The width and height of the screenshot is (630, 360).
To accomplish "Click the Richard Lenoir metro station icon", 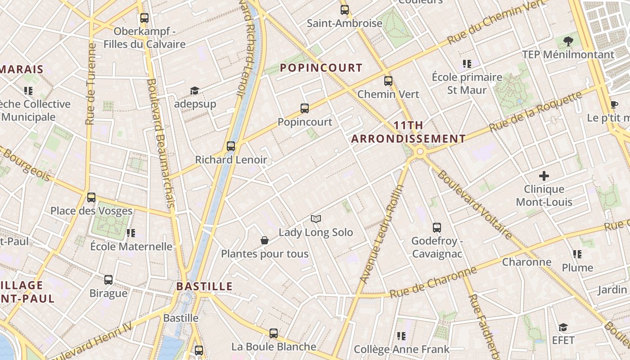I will coord(231,146).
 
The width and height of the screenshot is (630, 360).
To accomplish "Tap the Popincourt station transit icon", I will coord(305,108).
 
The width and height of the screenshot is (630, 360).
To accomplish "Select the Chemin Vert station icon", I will coord(388,81).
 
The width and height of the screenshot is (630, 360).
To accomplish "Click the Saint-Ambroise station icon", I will coord(345,9).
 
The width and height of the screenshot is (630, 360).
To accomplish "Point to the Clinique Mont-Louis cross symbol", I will coord(544,175).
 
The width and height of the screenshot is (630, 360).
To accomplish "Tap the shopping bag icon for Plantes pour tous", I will coord(265,241).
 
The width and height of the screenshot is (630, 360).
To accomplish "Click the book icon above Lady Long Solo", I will coord(316,219).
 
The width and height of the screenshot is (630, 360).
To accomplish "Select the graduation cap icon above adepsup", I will coord(194,91).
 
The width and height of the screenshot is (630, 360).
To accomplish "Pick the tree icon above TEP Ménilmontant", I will coord(568,41).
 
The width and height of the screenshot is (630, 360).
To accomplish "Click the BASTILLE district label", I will coord(204,286).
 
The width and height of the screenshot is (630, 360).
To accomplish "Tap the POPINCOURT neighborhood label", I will coord(321,68).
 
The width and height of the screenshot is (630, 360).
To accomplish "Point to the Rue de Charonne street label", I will coord(433,282).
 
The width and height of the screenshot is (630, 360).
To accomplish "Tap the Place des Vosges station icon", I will coord(91,197).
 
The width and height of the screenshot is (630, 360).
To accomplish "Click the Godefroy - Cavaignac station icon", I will coord(436,228).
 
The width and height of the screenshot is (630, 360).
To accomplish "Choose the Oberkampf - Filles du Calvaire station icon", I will coord(144,18).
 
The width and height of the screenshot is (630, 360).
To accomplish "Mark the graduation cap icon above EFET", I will coord(563,327).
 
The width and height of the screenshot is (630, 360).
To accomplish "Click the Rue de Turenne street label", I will coord(91,84).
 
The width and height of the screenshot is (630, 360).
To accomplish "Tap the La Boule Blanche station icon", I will coord(274,333).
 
